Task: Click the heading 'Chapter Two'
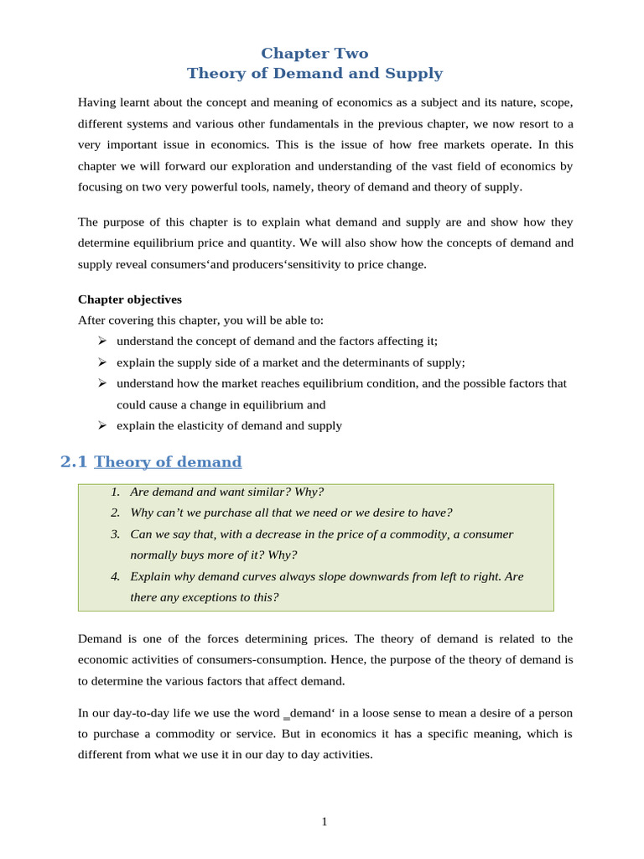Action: [x=314, y=54]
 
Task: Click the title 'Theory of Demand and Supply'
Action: [x=314, y=74]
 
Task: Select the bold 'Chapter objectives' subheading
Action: [x=130, y=299]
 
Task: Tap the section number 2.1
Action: [x=74, y=462]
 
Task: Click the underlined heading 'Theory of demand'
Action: [x=168, y=462]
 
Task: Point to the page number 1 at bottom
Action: [x=325, y=822]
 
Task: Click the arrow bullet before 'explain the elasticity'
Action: [x=101, y=425]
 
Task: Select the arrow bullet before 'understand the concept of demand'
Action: [x=101, y=341]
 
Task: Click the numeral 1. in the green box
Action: [x=115, y=492]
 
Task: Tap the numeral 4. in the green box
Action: [x=115, y=577]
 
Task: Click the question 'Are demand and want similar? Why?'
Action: [x=226, y=492]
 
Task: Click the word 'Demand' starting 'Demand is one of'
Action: [x=100, y=639]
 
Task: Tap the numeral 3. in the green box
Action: [x=115, y=534]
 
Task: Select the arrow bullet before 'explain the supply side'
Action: [x=101, y=362]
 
